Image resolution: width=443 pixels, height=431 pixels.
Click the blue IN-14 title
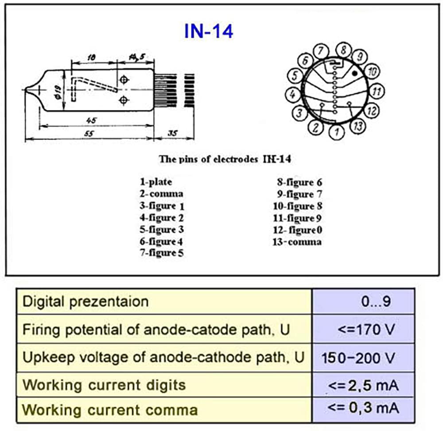click(209, 31)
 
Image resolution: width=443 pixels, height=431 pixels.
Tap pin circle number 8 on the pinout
click(343, 50)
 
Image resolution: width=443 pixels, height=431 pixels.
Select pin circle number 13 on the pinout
click(358, 126)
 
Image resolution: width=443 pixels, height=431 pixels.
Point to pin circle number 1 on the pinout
click(337, 132)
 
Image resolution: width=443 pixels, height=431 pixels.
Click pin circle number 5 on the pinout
click(295, 76)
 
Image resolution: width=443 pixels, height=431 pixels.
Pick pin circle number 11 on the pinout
click(377, 91)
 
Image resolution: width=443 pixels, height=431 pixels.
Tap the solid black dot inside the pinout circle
click(354, 74)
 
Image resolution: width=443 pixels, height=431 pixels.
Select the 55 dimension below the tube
click(89, 133)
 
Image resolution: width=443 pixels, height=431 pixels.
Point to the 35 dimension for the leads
click(173, 133)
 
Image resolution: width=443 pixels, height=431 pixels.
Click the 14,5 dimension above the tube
click(137, 57)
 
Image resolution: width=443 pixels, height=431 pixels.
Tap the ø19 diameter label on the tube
click(58, 92)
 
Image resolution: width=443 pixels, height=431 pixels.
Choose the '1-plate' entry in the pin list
click(156, 182)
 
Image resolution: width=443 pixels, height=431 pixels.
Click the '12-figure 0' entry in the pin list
click(298, 230)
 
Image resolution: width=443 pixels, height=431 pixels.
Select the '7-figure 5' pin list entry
click(162, 252)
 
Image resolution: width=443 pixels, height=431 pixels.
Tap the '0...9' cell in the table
click(376, 301)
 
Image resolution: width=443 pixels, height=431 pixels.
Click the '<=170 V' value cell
click(366, 329)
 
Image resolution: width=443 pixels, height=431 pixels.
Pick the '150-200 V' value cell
click(358, 358)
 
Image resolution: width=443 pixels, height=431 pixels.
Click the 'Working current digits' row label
click(104, 385)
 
